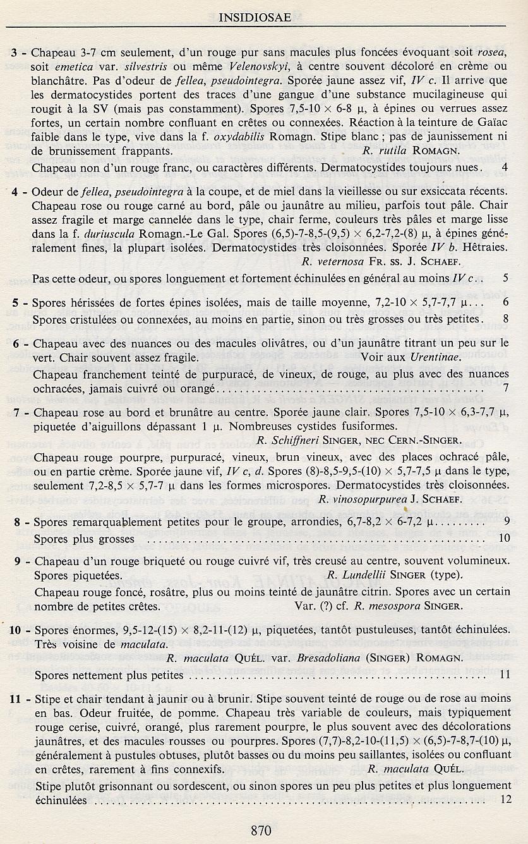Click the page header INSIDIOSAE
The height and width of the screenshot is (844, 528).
[255, 18]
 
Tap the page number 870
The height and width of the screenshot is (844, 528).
[261, 830]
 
